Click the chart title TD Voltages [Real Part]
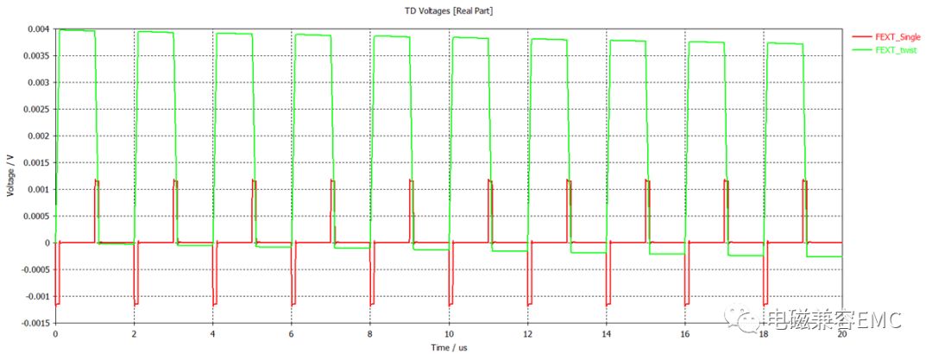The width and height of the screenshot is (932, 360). pyautogui.click(x=449, y=10)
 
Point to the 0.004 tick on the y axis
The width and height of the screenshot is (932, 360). pyautogui.click(x=38, y=29)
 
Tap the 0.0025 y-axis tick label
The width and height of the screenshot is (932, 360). pyautogui.click(x=35, y=109)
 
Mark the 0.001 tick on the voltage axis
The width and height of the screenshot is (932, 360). pyautogui.click(x=38, y=189)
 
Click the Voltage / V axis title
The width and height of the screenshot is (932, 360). pyautogui.click(x=10, y=176)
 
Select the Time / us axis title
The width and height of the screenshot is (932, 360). pyautogui.click(x=449, y=347)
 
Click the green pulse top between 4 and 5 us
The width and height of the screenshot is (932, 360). pyautogui.click(x=233, y=34)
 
